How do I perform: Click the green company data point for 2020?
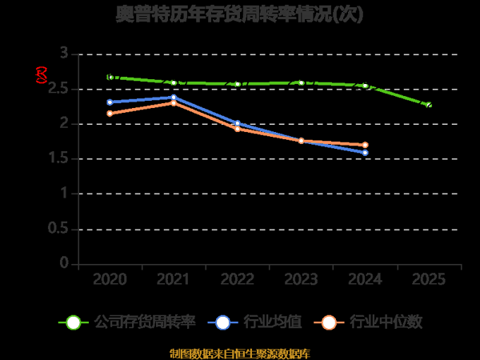click(x=110, y=77)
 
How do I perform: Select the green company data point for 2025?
click(x=429, y=105)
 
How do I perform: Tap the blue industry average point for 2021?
click(x=174, y=98)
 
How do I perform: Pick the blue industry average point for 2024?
click(x=366, y=153)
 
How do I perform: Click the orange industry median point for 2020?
click(x=110, y=114)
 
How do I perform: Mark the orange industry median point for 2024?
click(x=366, y=145)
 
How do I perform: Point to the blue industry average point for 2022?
click(x=238, y=123)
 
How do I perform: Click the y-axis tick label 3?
click(x=63, y=54)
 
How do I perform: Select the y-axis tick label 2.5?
click(x=58, y=89)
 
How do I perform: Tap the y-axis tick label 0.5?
click(x=58, y=229)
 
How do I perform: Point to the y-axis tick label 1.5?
click(x=58, y=158)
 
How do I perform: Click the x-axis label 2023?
click(x=302, y=279)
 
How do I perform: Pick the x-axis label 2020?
click(x=110, y=279)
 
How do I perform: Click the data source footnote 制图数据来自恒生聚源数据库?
click(x=240, y=353)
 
